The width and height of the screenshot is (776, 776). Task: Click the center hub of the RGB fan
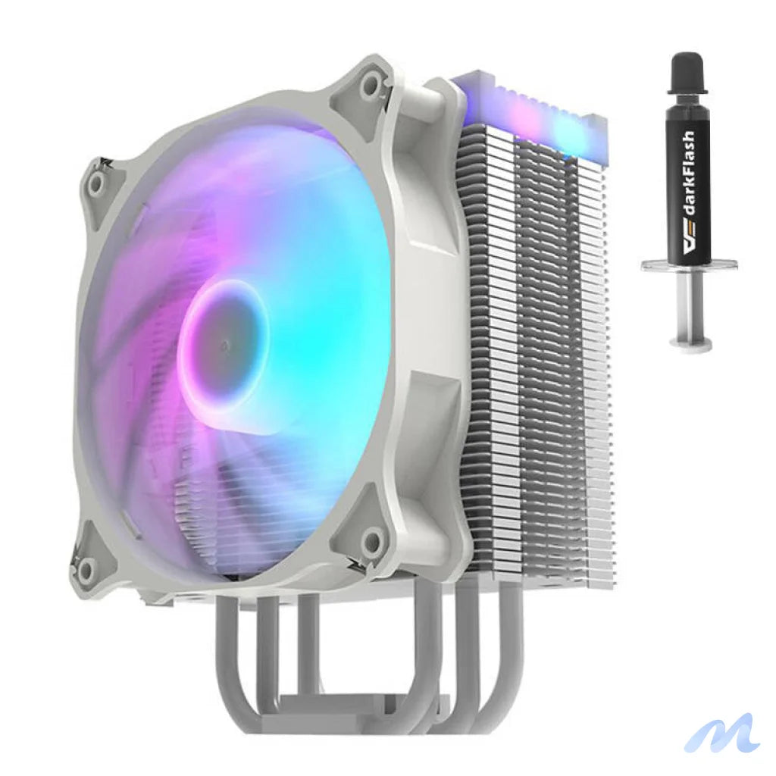[x=224, y=345]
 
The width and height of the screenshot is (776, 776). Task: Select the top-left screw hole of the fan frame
[x=96, y=182]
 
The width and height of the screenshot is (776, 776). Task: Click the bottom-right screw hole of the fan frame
[x=371, y=541]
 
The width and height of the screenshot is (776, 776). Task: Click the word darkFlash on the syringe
[x=688, y=189]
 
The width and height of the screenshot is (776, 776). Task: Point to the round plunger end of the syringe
[x=690, y=345]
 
